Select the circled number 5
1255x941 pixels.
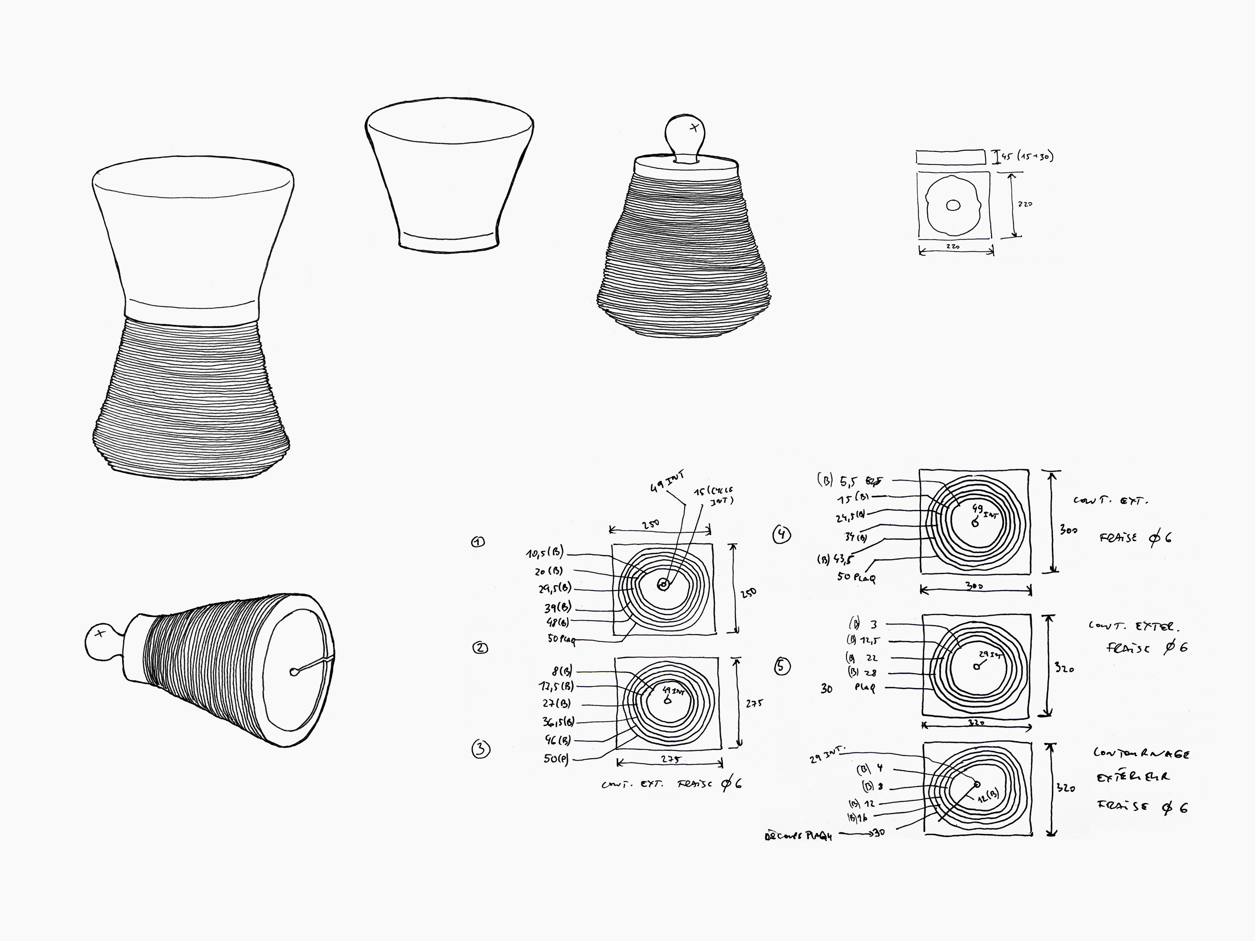click(782, 666)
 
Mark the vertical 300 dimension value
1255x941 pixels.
click(1068, 530)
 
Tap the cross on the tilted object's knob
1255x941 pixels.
click(100, 634)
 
